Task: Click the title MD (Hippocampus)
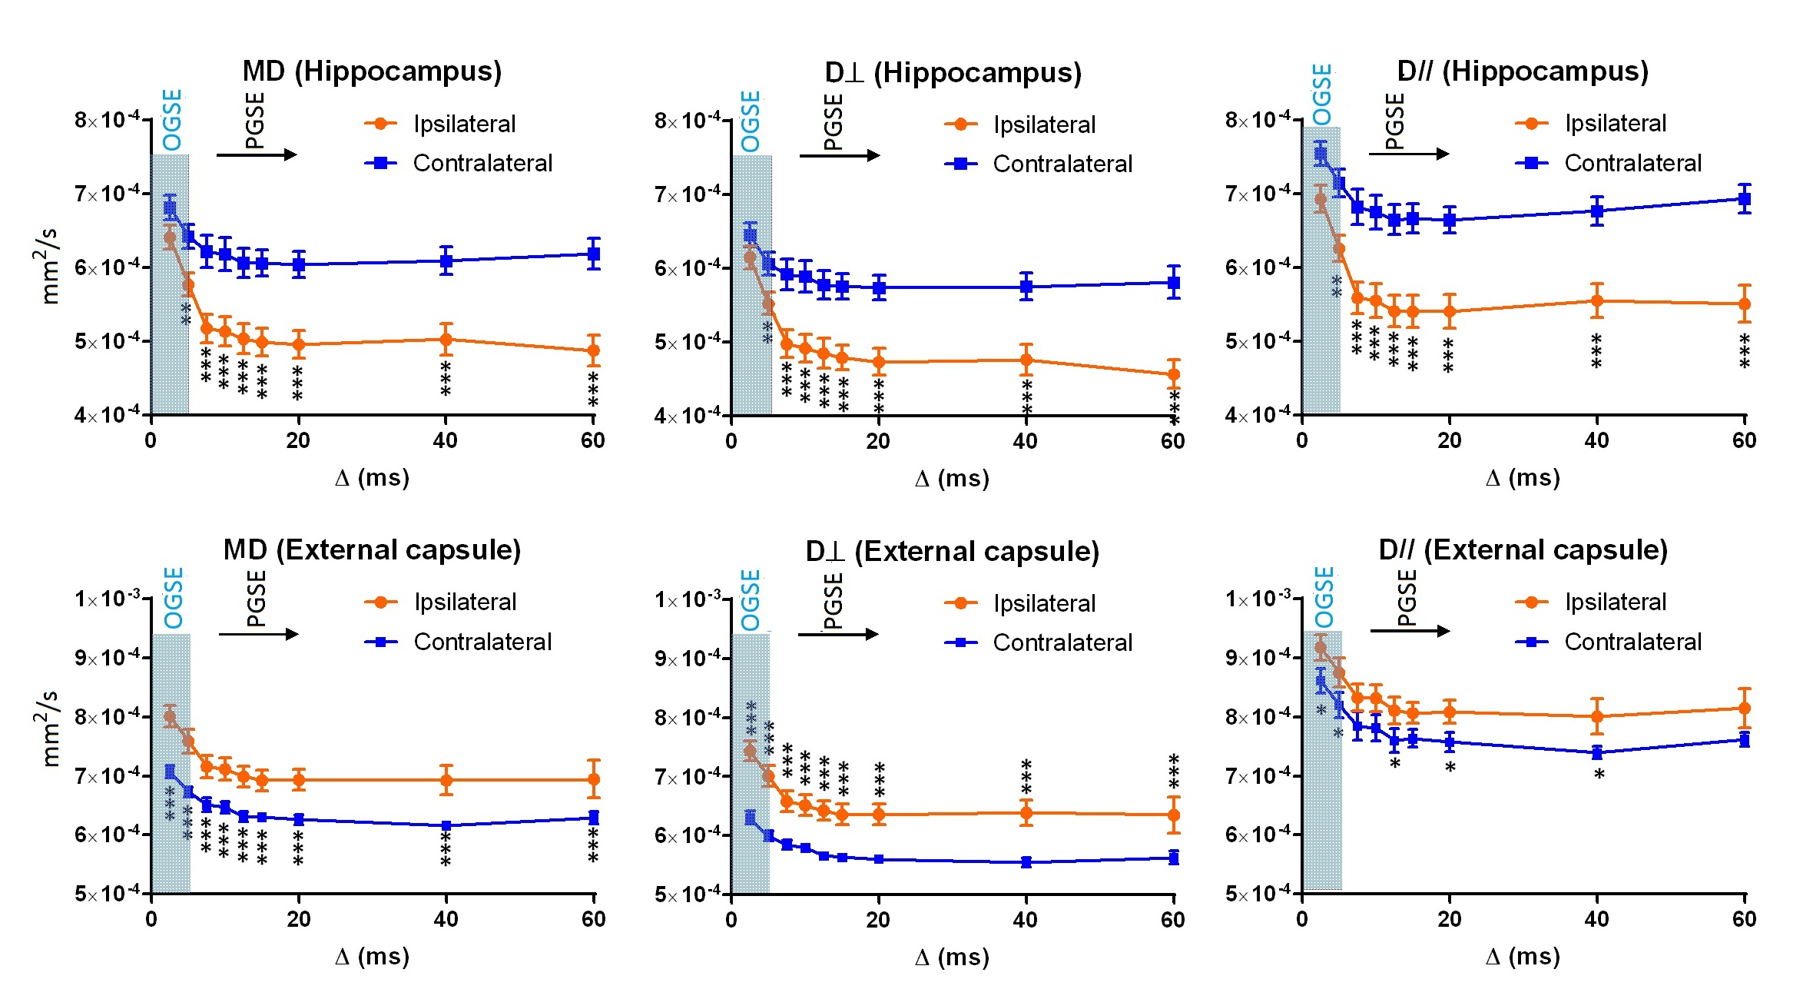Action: (x=372, y=71)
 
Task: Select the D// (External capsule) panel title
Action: (x=1523, y=550)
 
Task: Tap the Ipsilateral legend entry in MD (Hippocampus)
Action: (x=464, y=124)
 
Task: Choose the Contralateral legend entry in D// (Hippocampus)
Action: (x=1632, y=163)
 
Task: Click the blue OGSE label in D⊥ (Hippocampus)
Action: (x=751, y=121)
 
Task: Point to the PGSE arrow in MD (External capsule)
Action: (x=257, y=634)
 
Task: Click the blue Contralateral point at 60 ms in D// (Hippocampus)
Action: (x=1745, y=199)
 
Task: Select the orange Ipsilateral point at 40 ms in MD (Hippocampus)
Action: (x=446, y=339)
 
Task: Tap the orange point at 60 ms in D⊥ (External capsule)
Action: (x=1173, y=815)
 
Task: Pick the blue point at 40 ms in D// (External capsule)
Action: (x=1597, y=753)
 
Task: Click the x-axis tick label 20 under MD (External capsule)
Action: (x=298, y=919)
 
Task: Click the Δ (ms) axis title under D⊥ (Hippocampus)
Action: (x=952, y=479)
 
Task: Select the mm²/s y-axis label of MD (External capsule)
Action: (x=48, y=729)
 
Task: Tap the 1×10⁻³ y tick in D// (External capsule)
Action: (x=1258, y=599)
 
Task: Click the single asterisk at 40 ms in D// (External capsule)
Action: (x=1599, y=775)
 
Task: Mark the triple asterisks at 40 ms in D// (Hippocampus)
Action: (x=1596, y=351)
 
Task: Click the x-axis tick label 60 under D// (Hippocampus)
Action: (x=1744, y=440)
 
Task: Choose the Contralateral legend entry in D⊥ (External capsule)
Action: (x=1062, y=642)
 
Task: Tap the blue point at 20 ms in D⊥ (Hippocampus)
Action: (x=879, y=288)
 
